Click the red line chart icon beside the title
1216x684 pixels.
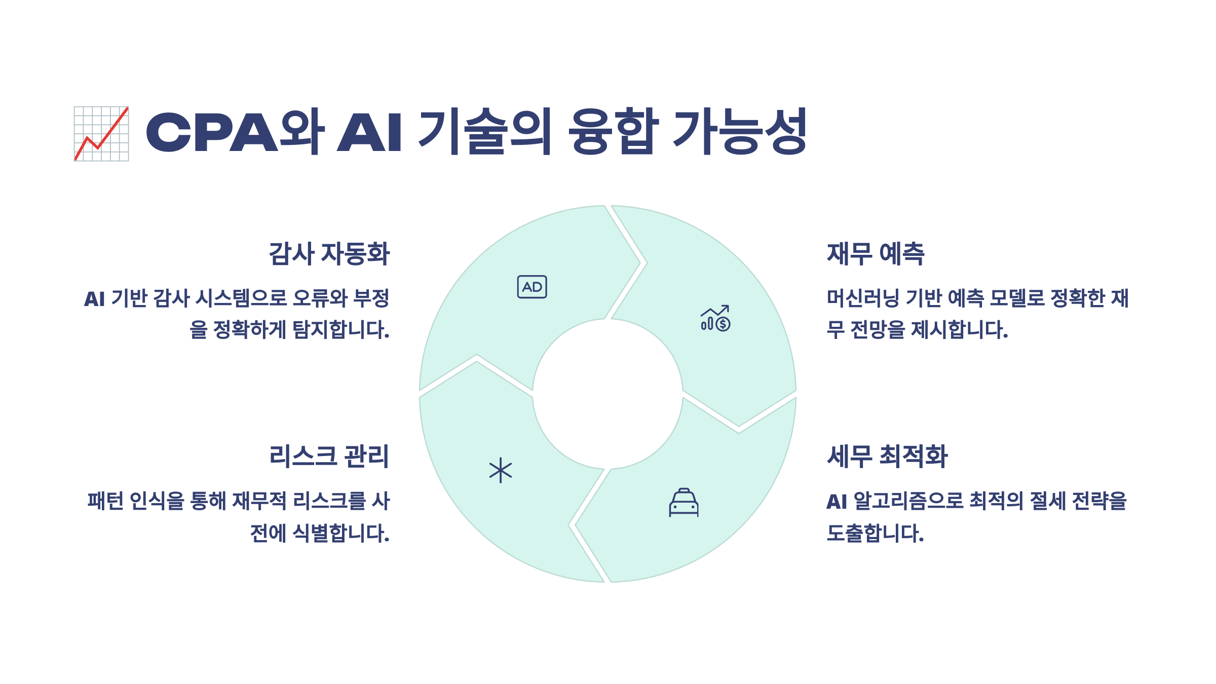[x=101, y=134]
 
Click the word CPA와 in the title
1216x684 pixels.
[x=235, y=132]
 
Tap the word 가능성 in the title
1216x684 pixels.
[x=740, y=132]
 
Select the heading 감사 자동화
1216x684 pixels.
[x=329, y=254]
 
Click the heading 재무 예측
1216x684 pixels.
[x=876, y=254]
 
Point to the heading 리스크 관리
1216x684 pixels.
[x=329, y=456]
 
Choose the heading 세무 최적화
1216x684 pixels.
[x=887, y=456]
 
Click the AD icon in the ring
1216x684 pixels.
[x=532, y=287]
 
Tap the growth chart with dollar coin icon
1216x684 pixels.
[x=715, y=318]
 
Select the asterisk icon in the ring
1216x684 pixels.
[x=501, y=470]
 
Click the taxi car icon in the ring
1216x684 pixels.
[x=683, y=503]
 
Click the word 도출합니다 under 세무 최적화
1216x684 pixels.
[x=875, y=534]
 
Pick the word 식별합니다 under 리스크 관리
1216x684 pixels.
[x=341, y=534]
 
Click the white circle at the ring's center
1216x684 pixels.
[x=607, y=394]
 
